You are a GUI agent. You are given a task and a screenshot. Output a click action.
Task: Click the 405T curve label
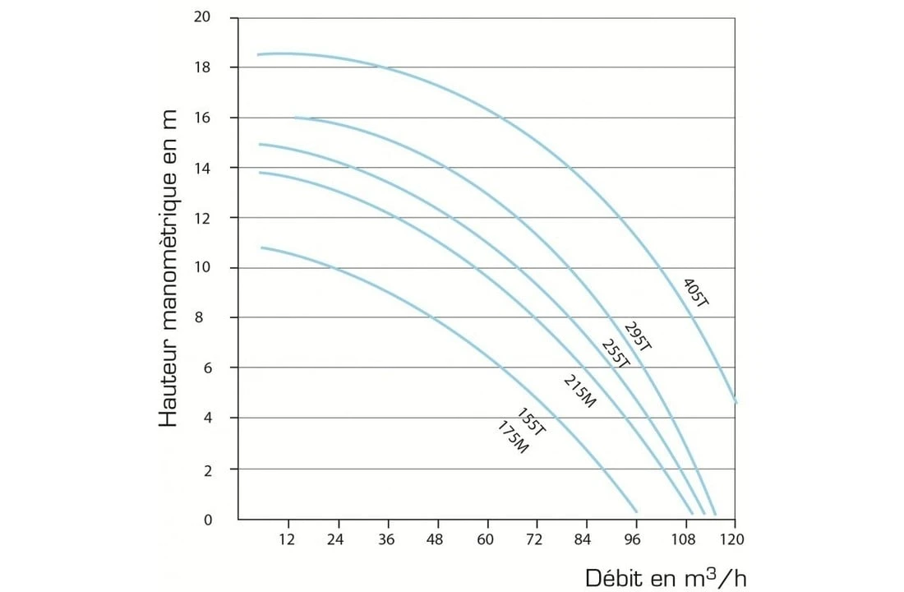click(x=695, y=293)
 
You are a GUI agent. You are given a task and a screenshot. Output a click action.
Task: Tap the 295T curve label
click(x=638, y=336)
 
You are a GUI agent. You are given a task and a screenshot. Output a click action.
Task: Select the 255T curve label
click(x=616, y=354)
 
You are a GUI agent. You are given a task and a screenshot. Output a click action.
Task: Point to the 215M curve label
click(x=579, y=391)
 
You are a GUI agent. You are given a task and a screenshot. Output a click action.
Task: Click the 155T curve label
click(x=532, y=421)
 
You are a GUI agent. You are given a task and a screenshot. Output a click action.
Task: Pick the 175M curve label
click(x=513, y=437)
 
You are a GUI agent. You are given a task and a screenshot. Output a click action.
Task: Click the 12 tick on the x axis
click(x=288, y=539)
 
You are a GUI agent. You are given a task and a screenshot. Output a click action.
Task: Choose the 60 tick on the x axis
click(x=487, y=539)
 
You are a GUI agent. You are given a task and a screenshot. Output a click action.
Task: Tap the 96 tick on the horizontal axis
click(x=635, y=539)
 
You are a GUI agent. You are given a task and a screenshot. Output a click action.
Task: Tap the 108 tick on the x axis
click(x=685, y=539)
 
